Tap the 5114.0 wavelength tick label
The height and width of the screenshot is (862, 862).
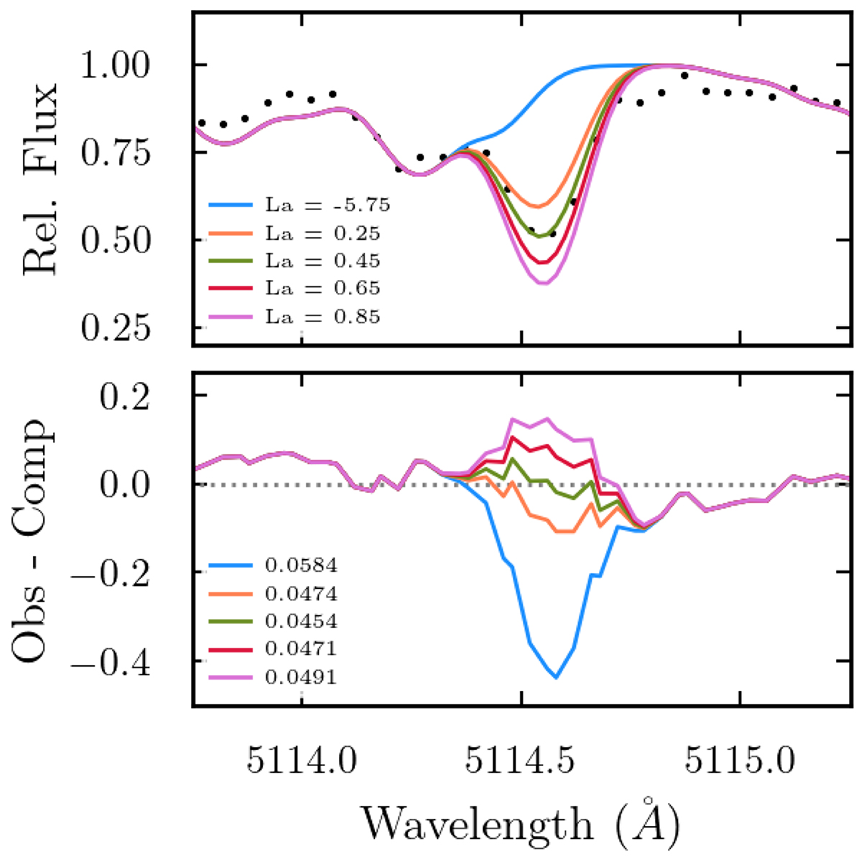pyautogui.click(x=302, y=761)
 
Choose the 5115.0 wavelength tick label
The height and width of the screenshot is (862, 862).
pyautogui.click(x=741, y=761)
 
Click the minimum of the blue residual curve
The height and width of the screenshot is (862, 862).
pyautogui.click(x=556, y=677)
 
